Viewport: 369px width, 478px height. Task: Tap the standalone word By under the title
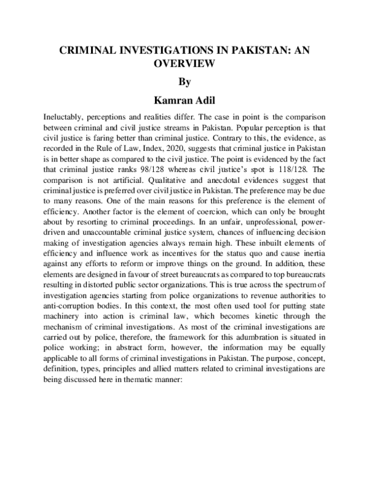pyautogui.click(x=184, y=82)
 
